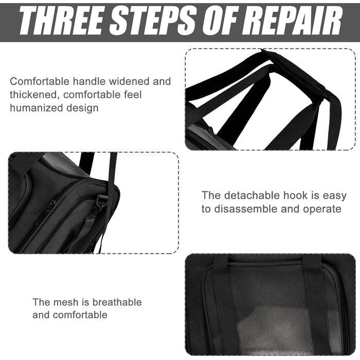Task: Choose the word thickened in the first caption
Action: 33,95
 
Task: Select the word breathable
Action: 117,302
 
